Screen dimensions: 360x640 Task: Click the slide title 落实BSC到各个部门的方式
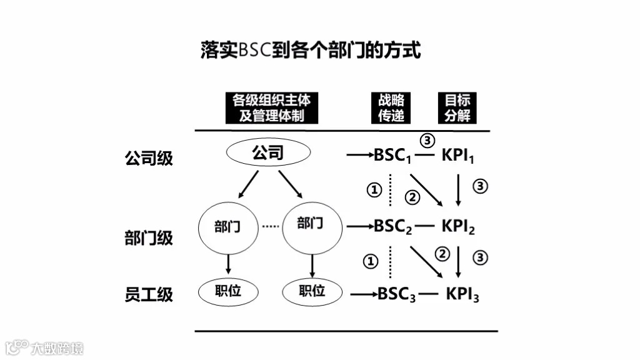[x=311, y=51]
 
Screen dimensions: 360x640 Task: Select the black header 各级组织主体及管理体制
[x=271, y=107]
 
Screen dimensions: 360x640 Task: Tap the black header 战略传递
[x=391, y=107]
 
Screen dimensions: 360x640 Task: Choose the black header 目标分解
[x=457, y=107]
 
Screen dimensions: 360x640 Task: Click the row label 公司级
[x=149, y=157]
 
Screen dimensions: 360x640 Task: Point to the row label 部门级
[x=149, y=237]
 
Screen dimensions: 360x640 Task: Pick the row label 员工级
[x=149, y=294]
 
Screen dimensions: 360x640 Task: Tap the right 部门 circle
[x=311, y=224]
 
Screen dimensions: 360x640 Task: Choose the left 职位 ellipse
[x=227, y=291]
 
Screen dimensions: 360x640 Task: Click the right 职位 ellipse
[x=311, y=291]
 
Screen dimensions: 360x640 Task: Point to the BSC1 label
[x=392, y=156]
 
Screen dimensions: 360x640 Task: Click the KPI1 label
[x=458, y=156]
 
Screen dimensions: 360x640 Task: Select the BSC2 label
[x=392, y=226]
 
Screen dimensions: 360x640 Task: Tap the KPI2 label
[x=458, y=226]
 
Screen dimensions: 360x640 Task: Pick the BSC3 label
[x=396, y=294]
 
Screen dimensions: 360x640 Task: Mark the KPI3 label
[x=462, y=294]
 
